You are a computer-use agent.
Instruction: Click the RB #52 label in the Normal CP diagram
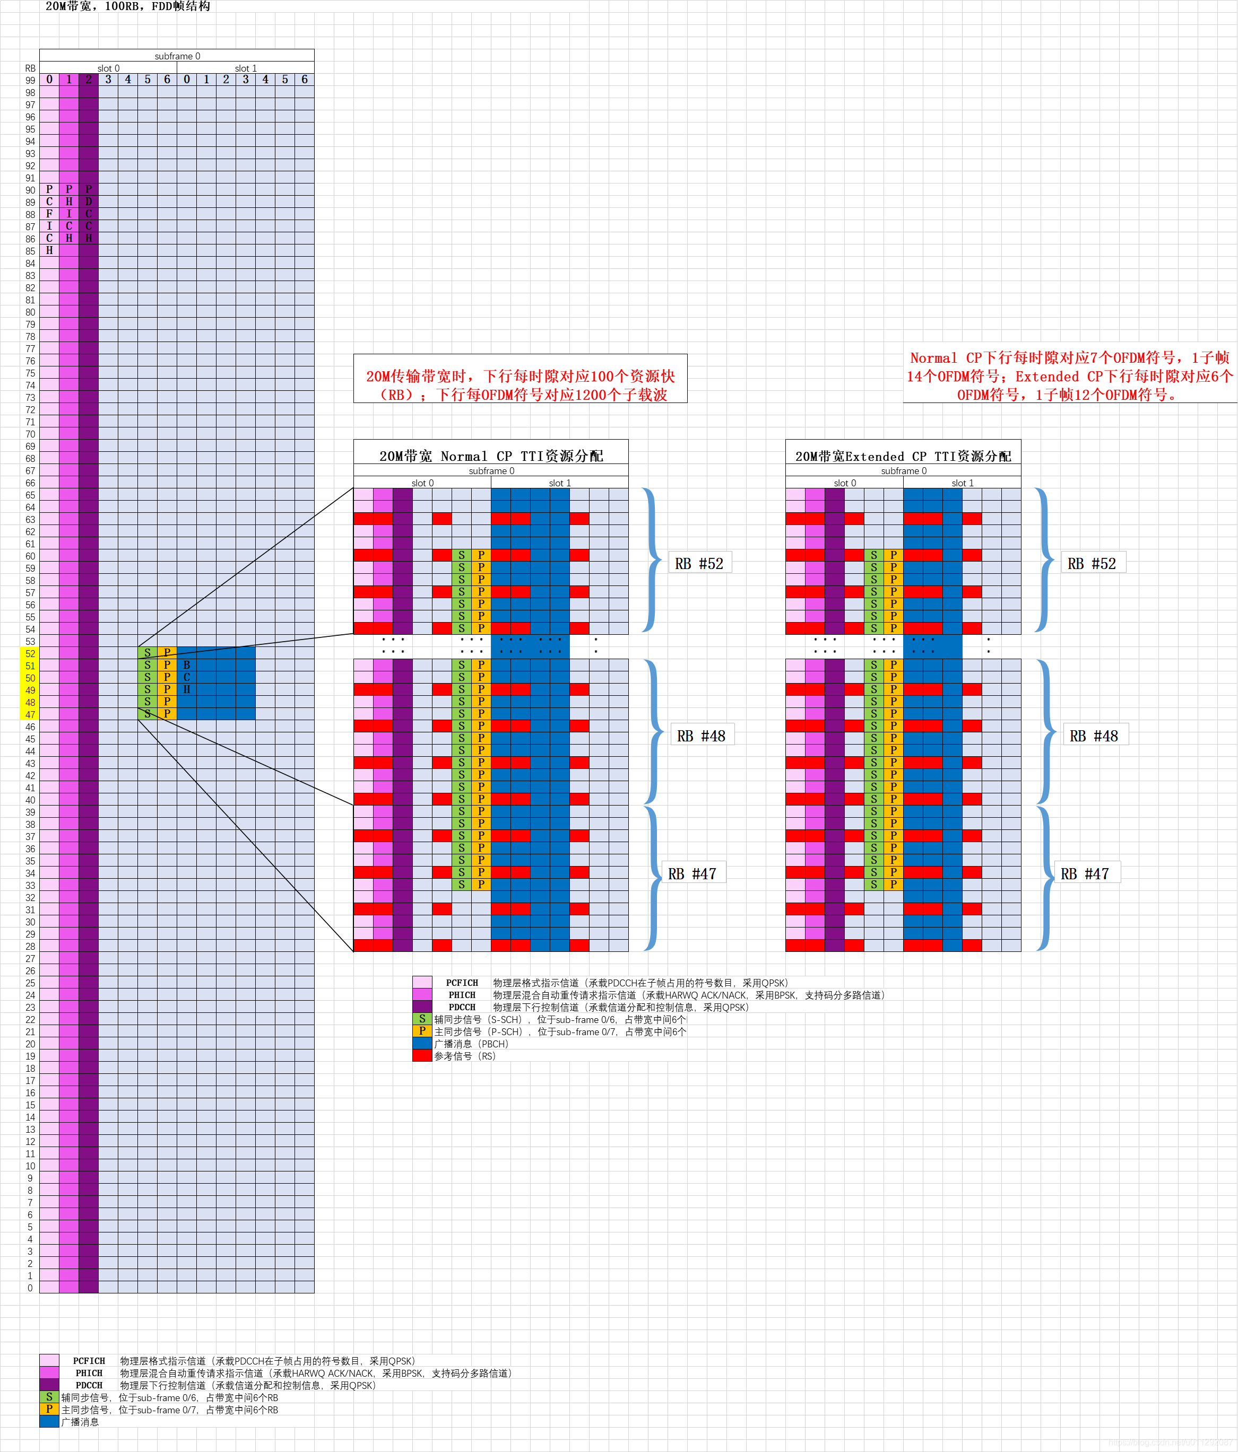(699, 563)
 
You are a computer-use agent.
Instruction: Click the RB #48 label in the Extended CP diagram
(1094, 736)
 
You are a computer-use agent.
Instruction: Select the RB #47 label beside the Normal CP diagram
(692, 874)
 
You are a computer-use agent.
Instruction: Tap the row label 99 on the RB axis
(30, 81)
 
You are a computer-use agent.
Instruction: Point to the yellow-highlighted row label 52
(30, 654)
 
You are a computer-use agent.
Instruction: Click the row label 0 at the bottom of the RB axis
(30, 1288)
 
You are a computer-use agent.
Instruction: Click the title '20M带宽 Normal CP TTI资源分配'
(491, 456)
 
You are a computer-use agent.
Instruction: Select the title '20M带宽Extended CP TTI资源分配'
(903, 456)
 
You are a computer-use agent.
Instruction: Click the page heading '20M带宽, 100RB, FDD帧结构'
(127, 6)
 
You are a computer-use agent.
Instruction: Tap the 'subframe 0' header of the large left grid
(177, 56)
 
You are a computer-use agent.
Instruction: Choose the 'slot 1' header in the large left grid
(245, 68)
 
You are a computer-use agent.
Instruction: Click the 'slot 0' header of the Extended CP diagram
(845, 483)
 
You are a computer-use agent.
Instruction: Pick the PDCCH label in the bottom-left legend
(89, 1385)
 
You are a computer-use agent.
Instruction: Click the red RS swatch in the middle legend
(422, 1056)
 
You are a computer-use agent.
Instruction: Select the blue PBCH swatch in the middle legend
(422, 1044)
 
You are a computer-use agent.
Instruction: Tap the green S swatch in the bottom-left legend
(49, 1397)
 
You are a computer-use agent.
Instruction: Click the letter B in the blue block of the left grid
(186, 665)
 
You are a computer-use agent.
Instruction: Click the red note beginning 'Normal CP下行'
(1070, 377)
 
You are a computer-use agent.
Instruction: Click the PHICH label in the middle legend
(462, 995)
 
